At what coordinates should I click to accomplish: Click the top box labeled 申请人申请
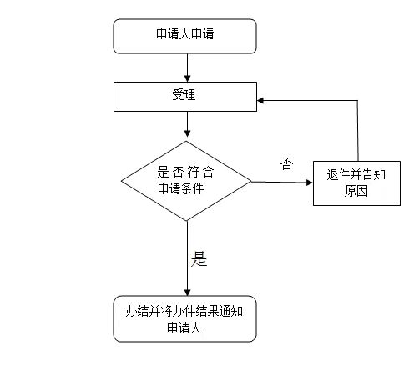click(184, 36)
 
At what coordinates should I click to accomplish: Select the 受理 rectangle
click(185, 97)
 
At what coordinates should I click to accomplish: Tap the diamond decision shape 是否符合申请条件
click(186, 181)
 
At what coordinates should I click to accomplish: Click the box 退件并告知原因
click(356, 183)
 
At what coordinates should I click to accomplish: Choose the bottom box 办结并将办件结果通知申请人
click(184, 318)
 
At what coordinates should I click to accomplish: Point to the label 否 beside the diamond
click(286, 163)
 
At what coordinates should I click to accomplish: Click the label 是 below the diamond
click(199, 259)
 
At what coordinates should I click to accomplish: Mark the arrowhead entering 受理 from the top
click(188, 78)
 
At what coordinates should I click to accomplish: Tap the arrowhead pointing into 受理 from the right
click(260, 100)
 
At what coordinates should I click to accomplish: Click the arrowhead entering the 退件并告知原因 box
click(310, 183)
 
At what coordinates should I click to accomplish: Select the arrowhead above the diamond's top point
click(188, 133)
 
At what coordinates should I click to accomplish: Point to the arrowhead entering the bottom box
click(188, 292)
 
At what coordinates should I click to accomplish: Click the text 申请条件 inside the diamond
click(181, 188)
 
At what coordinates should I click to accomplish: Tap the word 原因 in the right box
click(356, 191)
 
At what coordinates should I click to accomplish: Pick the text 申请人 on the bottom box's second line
click(184, 328)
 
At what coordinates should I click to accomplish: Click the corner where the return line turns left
click(357, 101)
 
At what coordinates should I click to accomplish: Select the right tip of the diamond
click(251, 182)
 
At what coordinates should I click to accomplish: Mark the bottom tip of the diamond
click(187, 221)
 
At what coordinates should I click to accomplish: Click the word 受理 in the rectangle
click(184, 94)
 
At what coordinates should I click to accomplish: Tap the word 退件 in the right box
click(338, 175)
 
